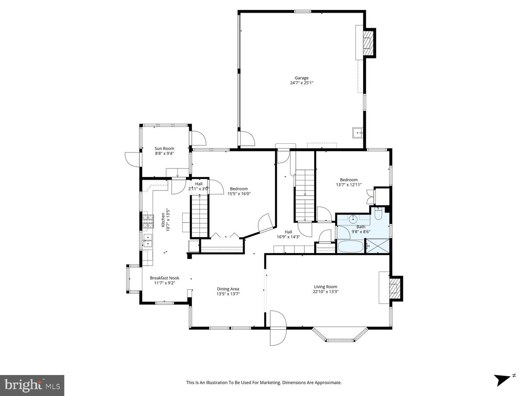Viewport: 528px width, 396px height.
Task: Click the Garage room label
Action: point(301,78)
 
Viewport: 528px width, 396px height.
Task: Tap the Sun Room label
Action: point(164,148)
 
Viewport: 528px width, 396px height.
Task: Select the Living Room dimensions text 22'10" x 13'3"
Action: point(326,292)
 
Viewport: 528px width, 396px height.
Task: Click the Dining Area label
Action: point(228,289)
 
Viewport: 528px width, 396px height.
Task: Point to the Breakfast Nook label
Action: point(164,278)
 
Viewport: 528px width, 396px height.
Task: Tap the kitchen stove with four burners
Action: point(148,221)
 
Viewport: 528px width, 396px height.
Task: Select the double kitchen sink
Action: point(148,241)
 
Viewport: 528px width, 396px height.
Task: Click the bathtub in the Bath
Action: point(350,246)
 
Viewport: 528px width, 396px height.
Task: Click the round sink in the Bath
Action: point(353,220)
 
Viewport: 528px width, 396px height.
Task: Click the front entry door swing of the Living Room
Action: point(278,328)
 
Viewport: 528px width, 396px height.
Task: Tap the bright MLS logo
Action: point(32,385)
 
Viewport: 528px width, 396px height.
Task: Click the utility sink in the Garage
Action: point(357,132)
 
